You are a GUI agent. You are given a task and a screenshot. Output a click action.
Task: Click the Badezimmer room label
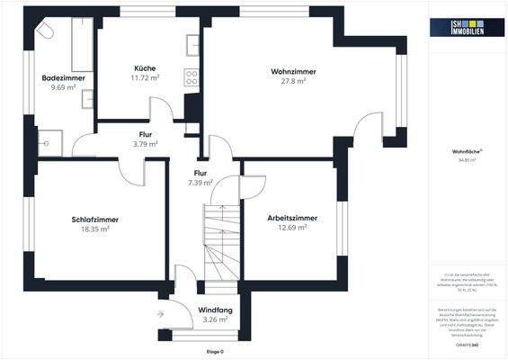[x=63, y=78]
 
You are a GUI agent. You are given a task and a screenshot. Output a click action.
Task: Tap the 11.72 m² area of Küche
[x=145, y=78]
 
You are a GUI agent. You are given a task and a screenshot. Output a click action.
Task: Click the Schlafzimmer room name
[x=95, y=220]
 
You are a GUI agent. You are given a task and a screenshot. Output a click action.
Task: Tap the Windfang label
[x=214, y=310]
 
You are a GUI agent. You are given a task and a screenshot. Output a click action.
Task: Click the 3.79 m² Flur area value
[x=145, y=143]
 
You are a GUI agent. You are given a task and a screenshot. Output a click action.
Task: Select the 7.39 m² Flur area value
[x=200, y=183]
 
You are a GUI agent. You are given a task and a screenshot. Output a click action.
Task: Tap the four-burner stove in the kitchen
[x=191, y=76]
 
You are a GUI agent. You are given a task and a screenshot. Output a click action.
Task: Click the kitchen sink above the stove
[x=192, y=45]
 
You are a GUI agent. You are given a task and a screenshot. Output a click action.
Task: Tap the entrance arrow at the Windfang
[x=159, y=314]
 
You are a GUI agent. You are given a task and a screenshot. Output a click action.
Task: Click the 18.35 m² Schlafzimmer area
[x=95, y=229]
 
